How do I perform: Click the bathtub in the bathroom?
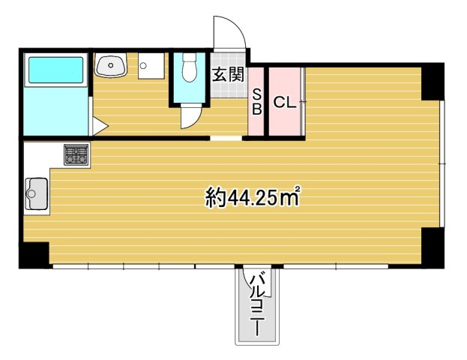(x=55, y=71)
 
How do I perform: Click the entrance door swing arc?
(x=229, y=32)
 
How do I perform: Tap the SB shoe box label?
(x=256, y=102)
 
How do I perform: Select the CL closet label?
(x=284, y=103)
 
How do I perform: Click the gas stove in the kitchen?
(x=76, y=155)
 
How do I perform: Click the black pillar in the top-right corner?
(x=433, y=81)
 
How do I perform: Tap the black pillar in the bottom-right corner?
(x=433, y=247)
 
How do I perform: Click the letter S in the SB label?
(x=256, y=95)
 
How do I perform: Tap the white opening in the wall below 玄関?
(x=226, y=139)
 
